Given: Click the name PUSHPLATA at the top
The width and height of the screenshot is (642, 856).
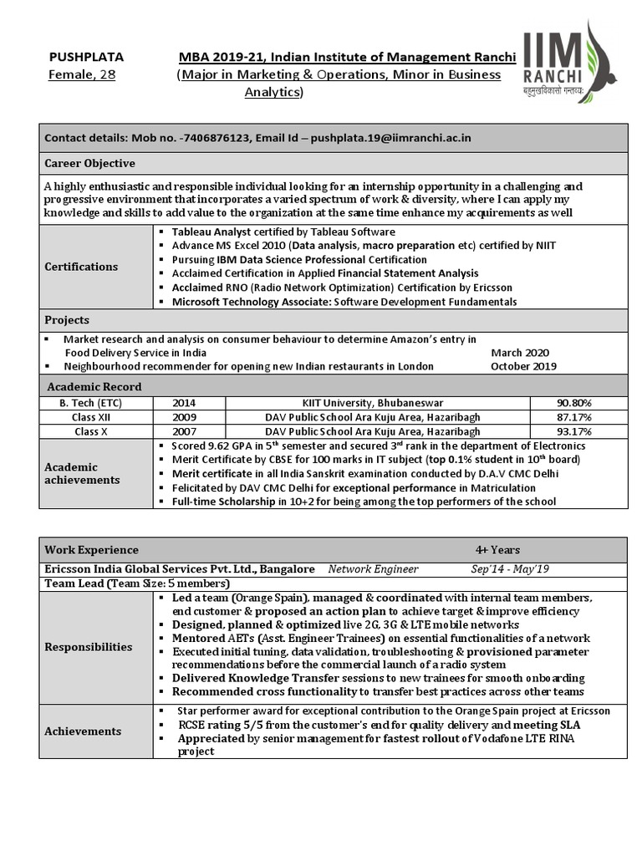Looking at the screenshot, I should click(86, 57).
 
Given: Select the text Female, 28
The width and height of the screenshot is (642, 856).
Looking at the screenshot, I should click(82, 75).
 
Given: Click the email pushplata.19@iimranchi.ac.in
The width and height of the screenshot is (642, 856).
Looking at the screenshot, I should click(390, 138).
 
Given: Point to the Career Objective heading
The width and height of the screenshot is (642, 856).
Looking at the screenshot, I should click(89, 163).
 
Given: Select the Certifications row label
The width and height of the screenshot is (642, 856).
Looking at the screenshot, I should click(81, 266).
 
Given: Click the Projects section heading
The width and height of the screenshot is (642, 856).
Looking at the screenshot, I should click(67, 320).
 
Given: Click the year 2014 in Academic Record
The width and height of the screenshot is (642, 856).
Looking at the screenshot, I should click(184, 403).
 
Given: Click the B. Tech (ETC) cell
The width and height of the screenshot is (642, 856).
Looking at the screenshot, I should click(97, 403).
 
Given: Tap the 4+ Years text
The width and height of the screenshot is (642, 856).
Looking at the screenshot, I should click(497, 550).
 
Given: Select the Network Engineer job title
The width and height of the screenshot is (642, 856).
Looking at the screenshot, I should click(373, 569).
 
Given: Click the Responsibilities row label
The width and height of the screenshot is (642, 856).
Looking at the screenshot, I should click(88, 647).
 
